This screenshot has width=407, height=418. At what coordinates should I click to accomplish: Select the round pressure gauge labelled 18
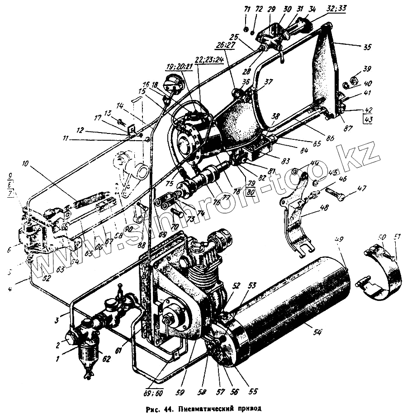(x=174, y=84)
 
